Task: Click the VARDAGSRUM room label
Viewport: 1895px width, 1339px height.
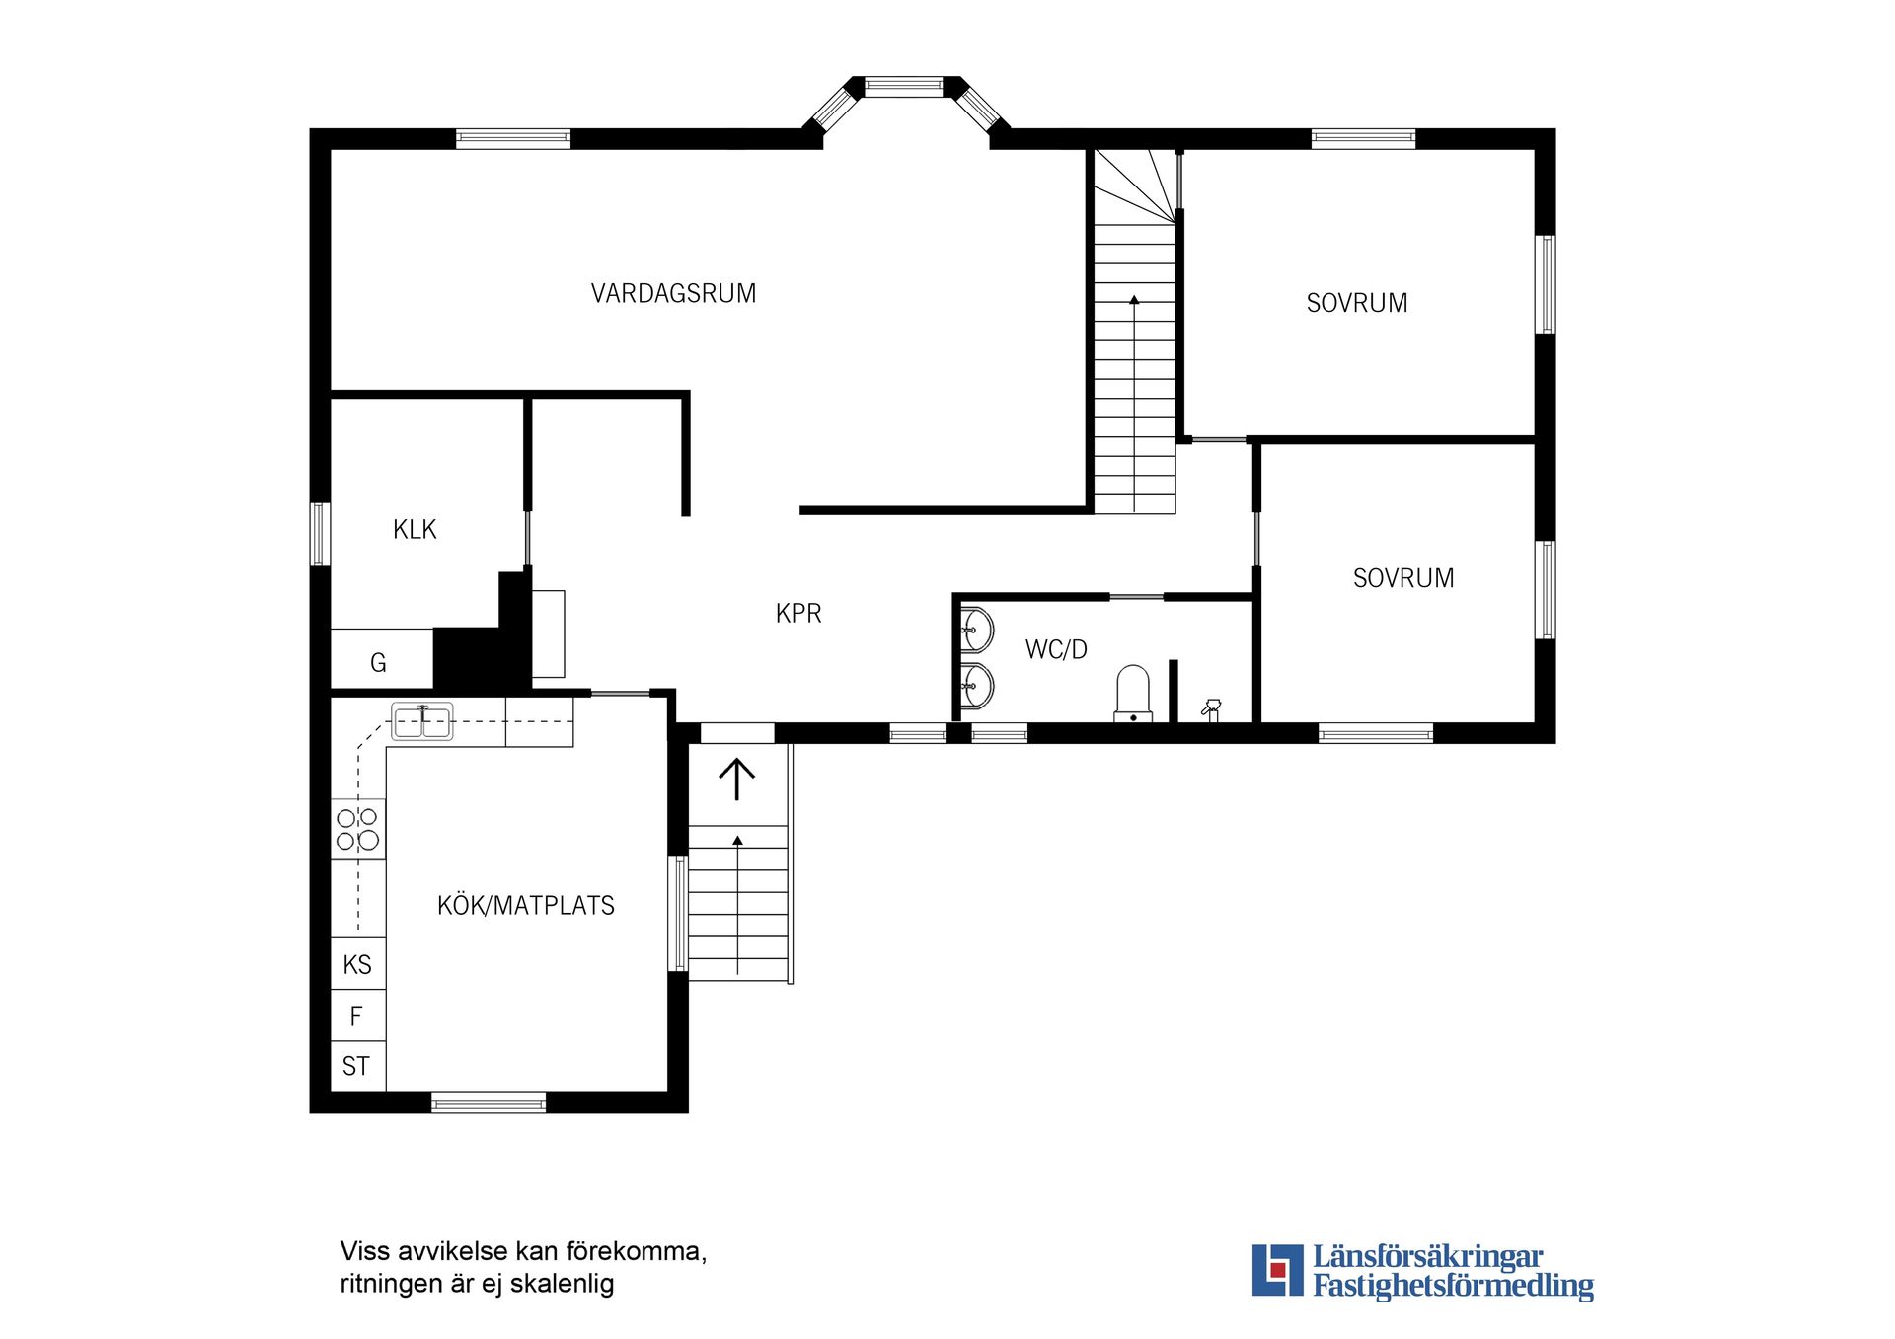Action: point(673,293)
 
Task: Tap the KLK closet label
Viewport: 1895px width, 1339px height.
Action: point(415,530)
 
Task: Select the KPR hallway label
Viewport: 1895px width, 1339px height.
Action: point(798,614)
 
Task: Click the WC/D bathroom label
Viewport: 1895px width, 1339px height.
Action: point(1056,649)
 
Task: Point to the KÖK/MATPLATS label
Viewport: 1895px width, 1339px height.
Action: point(525,905)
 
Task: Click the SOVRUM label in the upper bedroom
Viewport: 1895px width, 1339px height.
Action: point(1357,303)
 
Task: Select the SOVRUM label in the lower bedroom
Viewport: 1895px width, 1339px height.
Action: point(1403,578)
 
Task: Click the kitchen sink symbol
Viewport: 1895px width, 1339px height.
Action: point(422,721)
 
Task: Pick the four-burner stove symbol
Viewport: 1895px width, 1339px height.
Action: point(357,829)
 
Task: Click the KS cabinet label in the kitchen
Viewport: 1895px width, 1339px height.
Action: point(357,964)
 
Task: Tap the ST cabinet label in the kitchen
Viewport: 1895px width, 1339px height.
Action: point(356,1066)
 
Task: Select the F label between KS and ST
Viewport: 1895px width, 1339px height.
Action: point(356,1015)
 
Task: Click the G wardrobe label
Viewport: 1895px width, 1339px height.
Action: point(378,663)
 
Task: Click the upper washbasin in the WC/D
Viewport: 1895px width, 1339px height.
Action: point(976,630)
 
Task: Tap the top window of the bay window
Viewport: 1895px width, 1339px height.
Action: point(904,87)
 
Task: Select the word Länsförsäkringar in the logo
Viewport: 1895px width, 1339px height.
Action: point(1427,1257)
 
